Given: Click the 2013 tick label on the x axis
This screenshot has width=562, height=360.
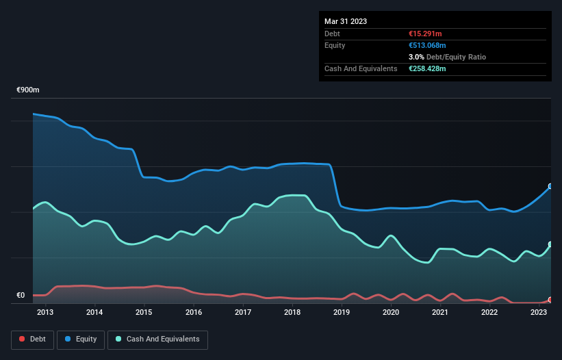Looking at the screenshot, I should tap(45, 313).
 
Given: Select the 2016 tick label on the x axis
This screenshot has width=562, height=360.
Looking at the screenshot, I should tap(194, 313).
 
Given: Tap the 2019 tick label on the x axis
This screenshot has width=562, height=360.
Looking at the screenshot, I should tap(342, 313).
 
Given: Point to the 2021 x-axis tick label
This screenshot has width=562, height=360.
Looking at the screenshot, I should tap(440, 313).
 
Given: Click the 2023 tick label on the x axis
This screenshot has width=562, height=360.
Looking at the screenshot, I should tap(539, 313).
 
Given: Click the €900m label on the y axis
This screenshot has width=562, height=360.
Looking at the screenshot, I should tap(28, 90).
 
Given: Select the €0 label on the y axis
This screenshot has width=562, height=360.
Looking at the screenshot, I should tap(21, 296).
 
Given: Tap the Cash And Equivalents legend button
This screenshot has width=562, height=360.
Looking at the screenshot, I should tap(157, 339).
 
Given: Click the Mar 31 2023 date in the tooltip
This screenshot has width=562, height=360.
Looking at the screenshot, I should tap(346, 21).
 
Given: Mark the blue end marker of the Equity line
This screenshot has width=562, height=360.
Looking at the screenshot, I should tap(550, 186).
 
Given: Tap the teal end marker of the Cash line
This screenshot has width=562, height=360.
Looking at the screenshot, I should tap(550, 244).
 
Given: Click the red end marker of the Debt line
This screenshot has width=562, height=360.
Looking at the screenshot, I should tap(550, 300).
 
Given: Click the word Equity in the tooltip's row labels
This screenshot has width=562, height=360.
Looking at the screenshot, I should tap(335, 45).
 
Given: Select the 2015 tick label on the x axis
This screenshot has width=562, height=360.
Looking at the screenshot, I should tap(144, 313).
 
